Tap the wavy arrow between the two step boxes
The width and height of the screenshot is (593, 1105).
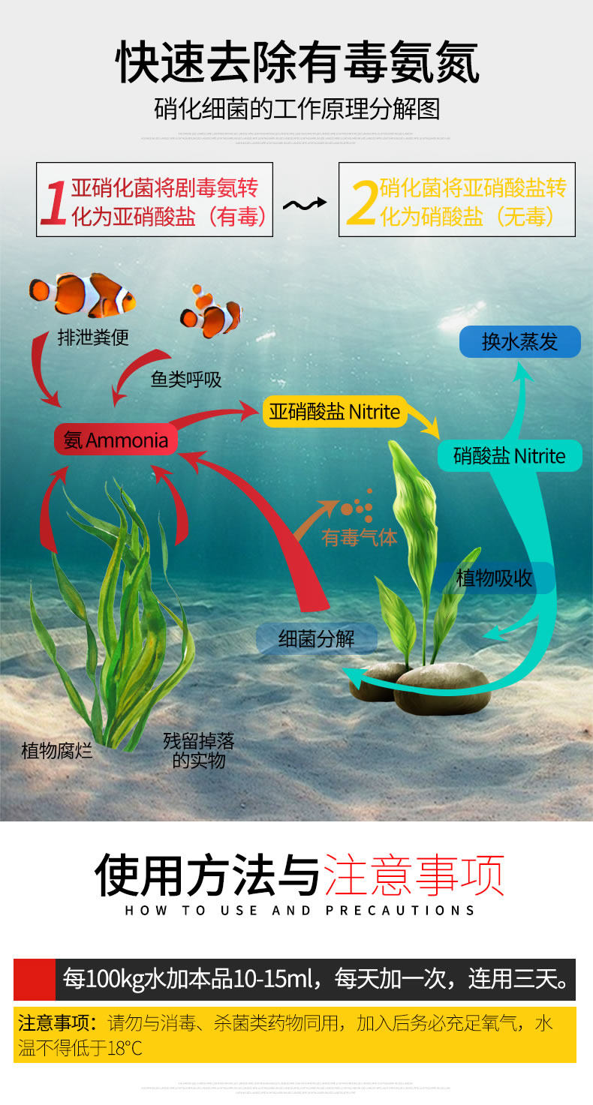[305, 203]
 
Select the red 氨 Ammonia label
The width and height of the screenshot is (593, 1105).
[116, 440]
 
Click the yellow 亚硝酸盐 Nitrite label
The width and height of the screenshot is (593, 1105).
[334, 411]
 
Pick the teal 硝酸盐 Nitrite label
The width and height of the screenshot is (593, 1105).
[510, 456]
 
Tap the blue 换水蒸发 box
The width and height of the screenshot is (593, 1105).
[520, 342]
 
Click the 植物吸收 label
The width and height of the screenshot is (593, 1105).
[494, 578]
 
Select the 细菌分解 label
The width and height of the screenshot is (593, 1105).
[316, 639]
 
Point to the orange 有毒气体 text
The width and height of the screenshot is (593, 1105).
[360, 537]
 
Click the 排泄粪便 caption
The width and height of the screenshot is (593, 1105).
[93, 338]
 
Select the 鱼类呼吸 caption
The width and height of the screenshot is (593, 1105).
[186, 380]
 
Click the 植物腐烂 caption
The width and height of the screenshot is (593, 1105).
[57, 750]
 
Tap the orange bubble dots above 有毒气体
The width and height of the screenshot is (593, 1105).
[358, 506]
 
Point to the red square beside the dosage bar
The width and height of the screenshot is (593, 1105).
[34, 979]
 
